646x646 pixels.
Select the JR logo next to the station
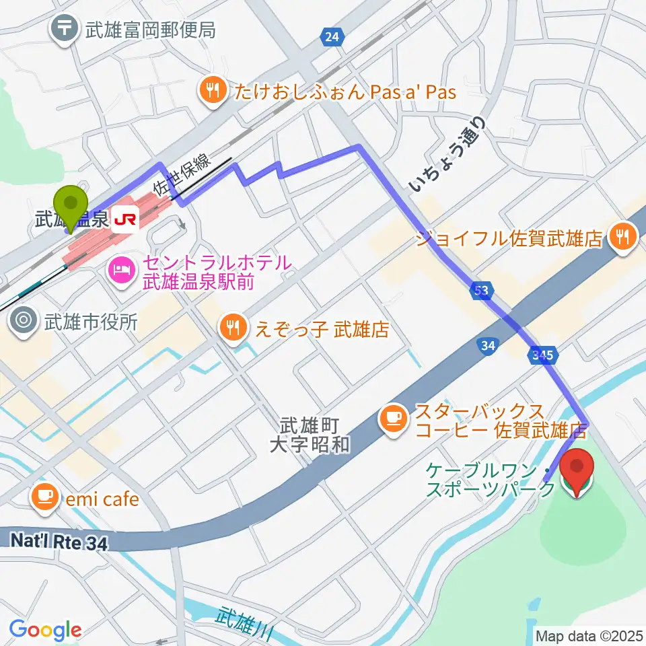coord(125,219)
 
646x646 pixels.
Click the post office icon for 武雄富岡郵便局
coord(65,30)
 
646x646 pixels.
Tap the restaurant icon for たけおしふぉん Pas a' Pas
coord(213,91)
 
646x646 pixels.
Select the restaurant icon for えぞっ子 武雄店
coord(233,329)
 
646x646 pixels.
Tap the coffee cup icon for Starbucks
coord(394,419)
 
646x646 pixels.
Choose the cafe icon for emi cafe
coord(45,498)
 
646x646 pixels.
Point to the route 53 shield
coord(480,291)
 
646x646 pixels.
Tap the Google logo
coord(45,630)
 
